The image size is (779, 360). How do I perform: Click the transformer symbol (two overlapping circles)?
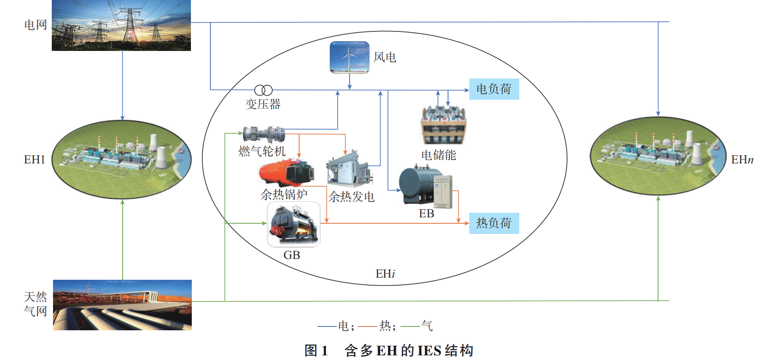click(263, 90)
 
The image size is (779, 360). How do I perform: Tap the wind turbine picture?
click(350, 57)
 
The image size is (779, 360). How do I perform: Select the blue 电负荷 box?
click(494, 89)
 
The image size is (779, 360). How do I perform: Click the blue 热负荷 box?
click(494, 223)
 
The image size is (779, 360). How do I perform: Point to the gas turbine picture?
click(263, 134)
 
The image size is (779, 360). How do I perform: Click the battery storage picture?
click(443, 126)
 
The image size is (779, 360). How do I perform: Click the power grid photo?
click(121, 25)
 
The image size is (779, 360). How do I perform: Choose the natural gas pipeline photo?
click(122, 305)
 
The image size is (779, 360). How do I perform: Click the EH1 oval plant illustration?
click(122, 160)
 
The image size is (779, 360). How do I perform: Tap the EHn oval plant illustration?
click(658, 156)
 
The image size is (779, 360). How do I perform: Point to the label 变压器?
click(263, 104)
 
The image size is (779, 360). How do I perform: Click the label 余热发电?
click(351, 197)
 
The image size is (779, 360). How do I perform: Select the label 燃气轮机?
click(262, 151)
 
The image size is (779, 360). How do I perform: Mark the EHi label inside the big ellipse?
click(385, 274)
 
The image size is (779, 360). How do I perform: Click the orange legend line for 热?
click(367, 326)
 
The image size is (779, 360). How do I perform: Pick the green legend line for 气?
click(410, 326)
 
